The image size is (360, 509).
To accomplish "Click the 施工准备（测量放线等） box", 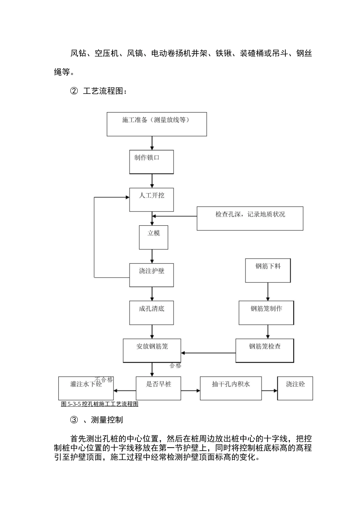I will pos(157,124).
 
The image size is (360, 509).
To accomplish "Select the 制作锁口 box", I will pos(152,162).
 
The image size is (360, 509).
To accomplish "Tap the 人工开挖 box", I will pos(152,200).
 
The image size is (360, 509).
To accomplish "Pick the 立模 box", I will pos(153,237).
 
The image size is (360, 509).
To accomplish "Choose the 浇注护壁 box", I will pos(152,275).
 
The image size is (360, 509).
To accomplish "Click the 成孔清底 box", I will pos(152,313).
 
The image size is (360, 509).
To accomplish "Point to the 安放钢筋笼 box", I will pos(152,350).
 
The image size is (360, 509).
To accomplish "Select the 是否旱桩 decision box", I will pos(158,388).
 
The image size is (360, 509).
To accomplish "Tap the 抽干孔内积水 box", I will pos(231,388).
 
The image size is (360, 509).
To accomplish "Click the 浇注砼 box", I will pos(295,388).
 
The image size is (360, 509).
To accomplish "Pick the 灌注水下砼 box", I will pos(86,388).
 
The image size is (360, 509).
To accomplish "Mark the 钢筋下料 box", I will pos(268,270).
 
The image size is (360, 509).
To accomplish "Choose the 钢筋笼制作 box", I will pos(266,313).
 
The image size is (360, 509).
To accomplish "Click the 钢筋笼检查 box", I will pos(265,350).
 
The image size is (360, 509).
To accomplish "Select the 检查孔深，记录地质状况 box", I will pos(250,219).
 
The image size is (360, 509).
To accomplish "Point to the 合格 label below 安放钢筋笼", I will pos(175,365).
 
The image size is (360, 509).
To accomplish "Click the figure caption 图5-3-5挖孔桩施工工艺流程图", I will pos(100,404).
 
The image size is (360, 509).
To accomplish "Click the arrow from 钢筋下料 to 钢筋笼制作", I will pos(268,292).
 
